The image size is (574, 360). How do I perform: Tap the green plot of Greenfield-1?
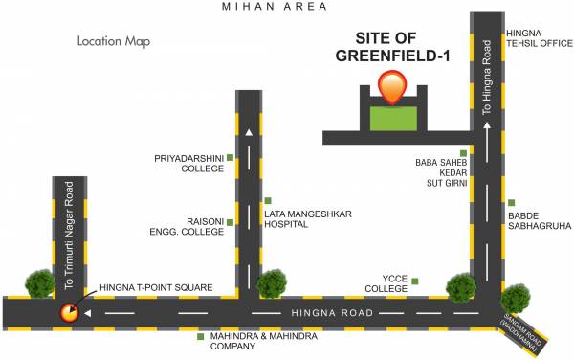(393, 119)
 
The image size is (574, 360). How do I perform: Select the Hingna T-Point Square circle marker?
(69, 311)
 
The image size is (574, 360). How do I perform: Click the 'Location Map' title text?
(114, 42)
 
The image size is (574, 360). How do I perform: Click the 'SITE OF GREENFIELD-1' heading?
(392, 48)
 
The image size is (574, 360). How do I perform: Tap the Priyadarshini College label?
(188, 163)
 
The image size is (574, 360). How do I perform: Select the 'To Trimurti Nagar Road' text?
(69, 236)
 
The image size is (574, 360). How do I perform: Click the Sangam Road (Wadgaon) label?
(531, 331)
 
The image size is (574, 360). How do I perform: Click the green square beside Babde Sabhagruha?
(513, 202)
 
